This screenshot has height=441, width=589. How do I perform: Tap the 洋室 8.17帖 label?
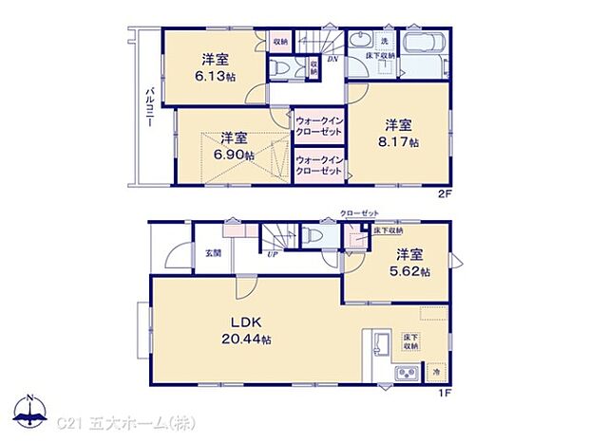click(398, 133)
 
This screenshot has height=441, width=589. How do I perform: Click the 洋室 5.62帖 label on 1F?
click(411, 263)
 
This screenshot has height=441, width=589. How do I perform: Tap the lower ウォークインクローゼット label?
click(318, 165)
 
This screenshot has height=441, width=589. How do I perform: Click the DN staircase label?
click(332, 60)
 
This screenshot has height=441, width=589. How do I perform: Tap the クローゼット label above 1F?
click(359, 214)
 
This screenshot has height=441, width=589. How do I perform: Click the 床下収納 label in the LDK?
click(410, 341)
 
